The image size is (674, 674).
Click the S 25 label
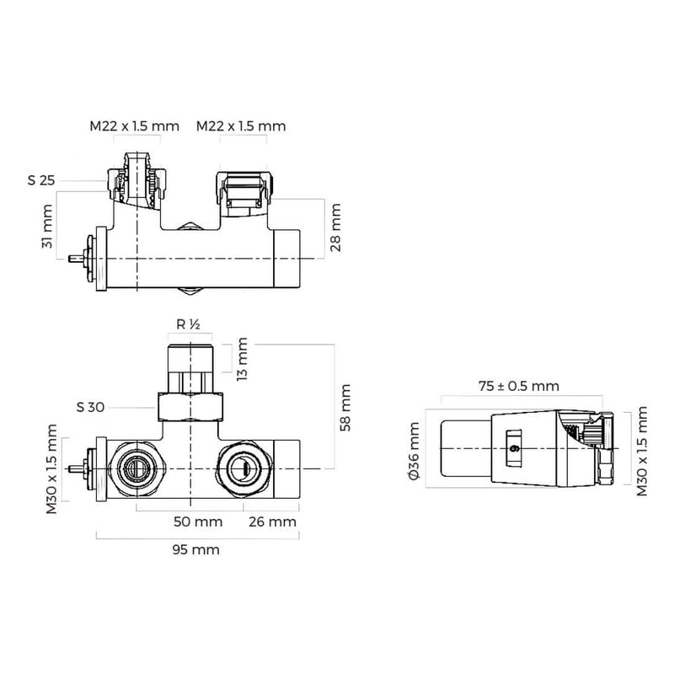pyautogui.click(x=41, y=180)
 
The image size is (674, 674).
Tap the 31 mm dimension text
pyautogui.click(x=47, y=227)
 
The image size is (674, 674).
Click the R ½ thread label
pyautogui.click(x=188, y=324)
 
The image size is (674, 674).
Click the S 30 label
pyautogui.click(x=90, y=407)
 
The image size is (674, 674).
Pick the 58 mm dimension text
pyautogui.click(x=346, y=407)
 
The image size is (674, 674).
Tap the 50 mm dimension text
pyautogui.click(x=198, y=522)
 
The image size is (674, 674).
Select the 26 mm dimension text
pyautogui.click(x=272, y=522)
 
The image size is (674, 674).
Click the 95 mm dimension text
pyautogui.click(x=195, y=549)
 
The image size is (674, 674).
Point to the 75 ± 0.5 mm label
pyautogui.click(x=519, y=386)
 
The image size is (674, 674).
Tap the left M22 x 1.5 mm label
pyautogui.click(x=135, y=126)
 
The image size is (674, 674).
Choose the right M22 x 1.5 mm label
pyautogui.click(x=241, y=126)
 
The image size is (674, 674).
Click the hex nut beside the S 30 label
pyautogui.click(x=193, y=408)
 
